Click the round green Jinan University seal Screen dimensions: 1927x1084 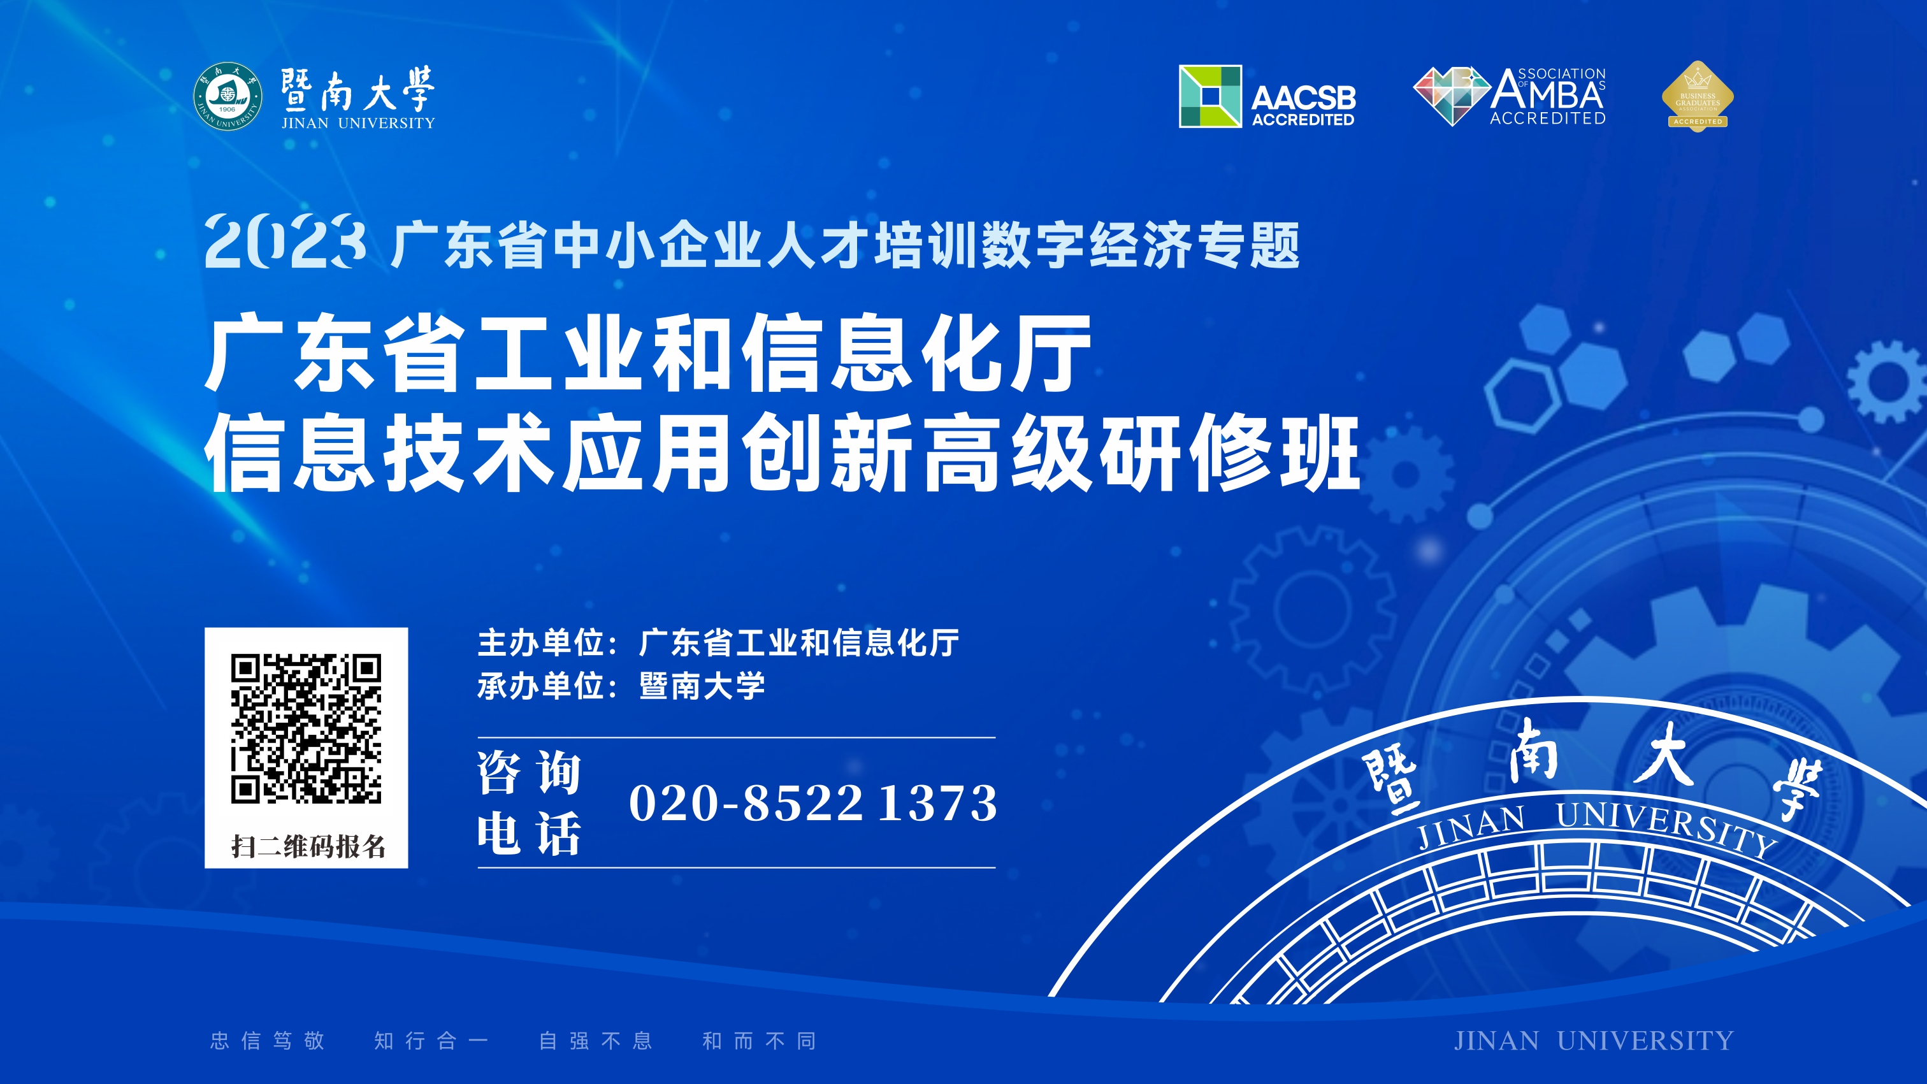[x=227, y=96]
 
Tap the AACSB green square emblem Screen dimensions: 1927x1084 [x=1210, y=96]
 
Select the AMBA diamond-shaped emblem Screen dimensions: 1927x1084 [x=1451, y=96]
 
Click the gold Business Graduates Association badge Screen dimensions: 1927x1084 [x=1698, y=96]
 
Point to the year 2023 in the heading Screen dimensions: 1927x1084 [x=285, y=241]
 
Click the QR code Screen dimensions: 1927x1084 [x=306, y=728]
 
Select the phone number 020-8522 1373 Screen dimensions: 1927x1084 [x=813, y=803]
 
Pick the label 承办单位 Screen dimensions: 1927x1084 [x=541, y=686]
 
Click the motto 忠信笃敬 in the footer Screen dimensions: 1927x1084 [x=268, y=1041]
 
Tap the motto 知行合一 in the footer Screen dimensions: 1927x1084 [x=431, y=1041]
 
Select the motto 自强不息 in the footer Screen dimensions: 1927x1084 [x=596, y=1041]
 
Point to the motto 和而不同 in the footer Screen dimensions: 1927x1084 [x=760, y=1041]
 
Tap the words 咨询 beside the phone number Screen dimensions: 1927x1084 [x=530, y=773]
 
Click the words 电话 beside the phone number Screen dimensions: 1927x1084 [x=530, y=834]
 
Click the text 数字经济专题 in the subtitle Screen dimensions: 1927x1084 [x=1141, y=245]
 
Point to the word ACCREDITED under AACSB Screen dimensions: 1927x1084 [x=1303, y=120]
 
